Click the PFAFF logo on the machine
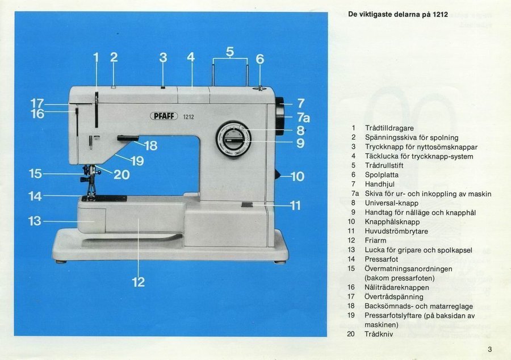(x=164, y=116)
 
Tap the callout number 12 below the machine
(x=138, y=282)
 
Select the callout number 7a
(x=303, y=118)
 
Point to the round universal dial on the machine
(x=233, y=139)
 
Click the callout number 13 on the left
(x=35, y=221)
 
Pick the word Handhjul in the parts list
(x=379, y=184)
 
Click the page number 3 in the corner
(x=489, y=349)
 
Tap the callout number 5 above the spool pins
(x=230, y=52)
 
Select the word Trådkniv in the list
(x=379, y=334)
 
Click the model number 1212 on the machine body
(x=189, y=117)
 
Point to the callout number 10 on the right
(x=298, y=177)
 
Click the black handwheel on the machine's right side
(x=280, y=116)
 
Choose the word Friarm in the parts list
(x=375, y=240)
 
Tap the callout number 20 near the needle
(x=122, y=175)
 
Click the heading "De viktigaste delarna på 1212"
(x=397, y=14)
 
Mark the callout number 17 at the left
(x=37, y=103)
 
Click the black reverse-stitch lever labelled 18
(x=128, y=138)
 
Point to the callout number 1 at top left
(x=96, y=57)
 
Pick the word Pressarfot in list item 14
(x=382, y=259)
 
